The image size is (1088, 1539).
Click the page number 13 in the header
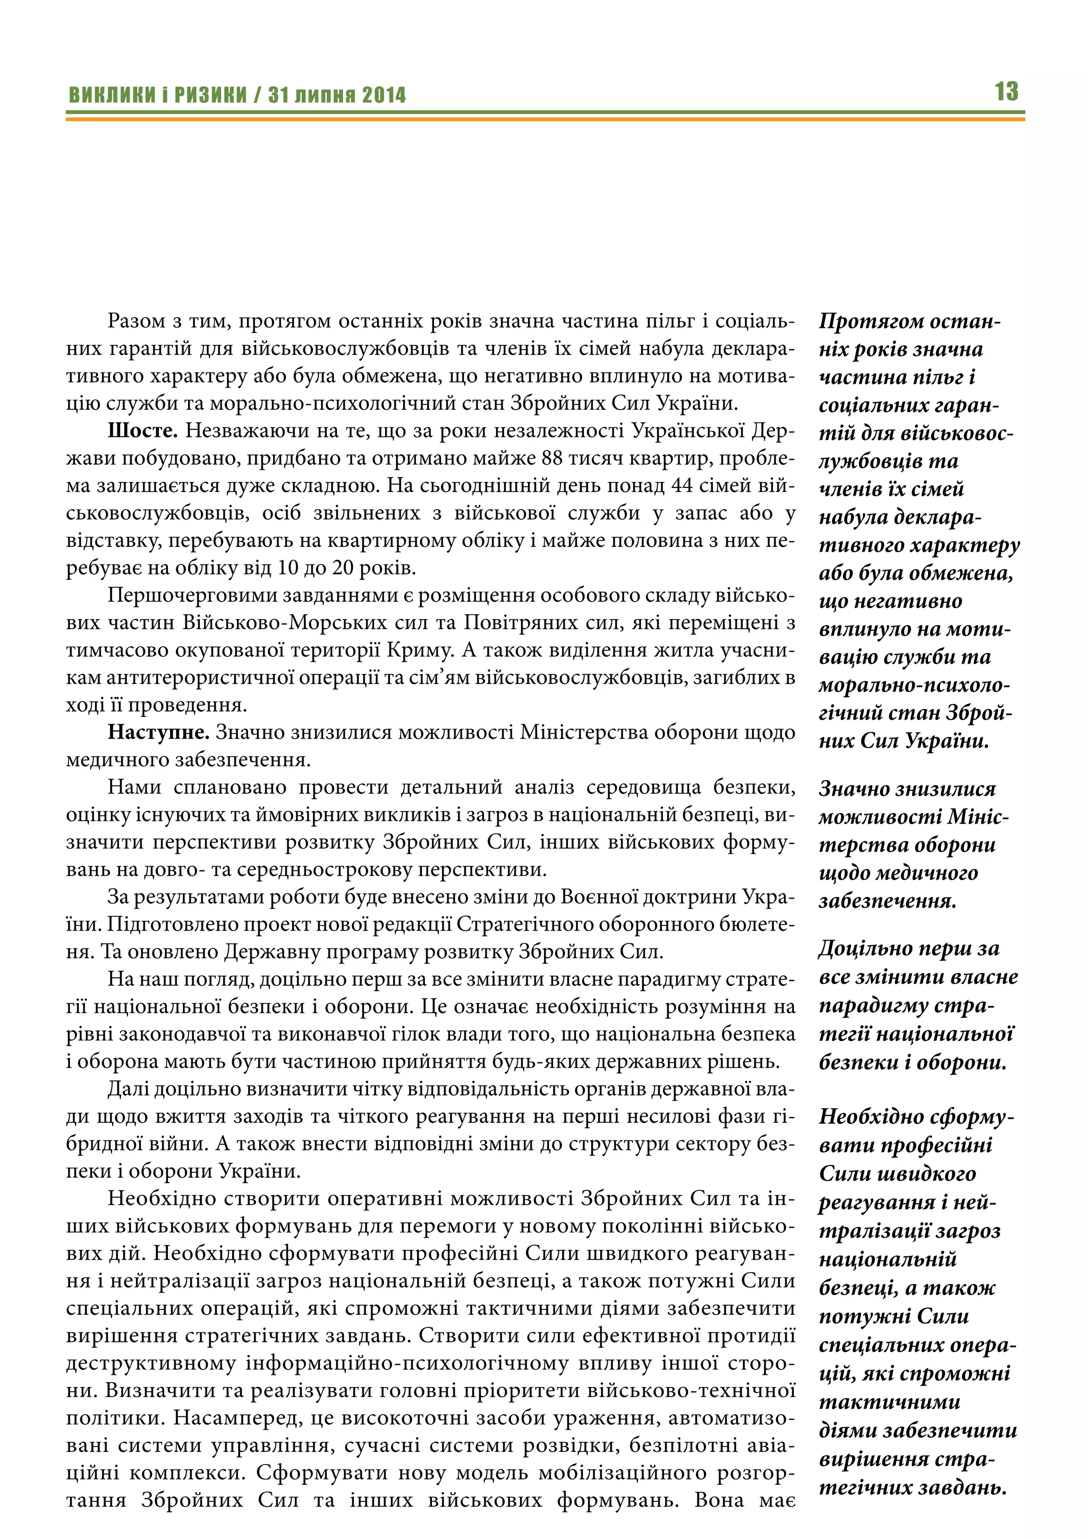[x=1006, y=92]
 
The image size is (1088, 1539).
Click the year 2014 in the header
[x=384, y=95]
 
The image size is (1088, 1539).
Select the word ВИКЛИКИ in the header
[x=112, y=95]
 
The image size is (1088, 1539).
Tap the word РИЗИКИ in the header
[x=211, y=95]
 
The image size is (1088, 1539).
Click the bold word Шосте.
[x=142, y=430]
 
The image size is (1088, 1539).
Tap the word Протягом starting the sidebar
[x=867, y=321]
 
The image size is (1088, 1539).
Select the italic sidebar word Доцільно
[x=863, y=949]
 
